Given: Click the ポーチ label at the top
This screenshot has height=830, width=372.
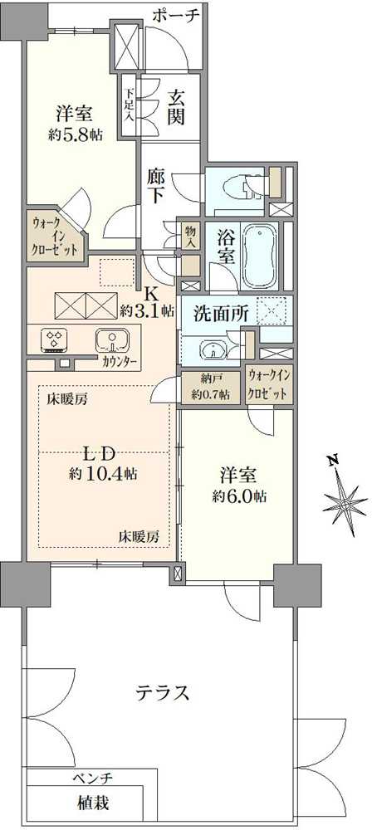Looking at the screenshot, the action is [177, 16].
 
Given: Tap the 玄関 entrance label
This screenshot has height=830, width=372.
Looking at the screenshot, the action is [177, 107].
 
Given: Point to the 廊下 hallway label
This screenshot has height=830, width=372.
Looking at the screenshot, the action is [157, 185].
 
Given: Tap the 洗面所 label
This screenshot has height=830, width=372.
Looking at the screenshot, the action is [221, 315].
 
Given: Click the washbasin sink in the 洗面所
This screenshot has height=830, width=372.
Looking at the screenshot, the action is [213, 349].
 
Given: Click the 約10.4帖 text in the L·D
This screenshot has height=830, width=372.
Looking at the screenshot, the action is [103, 474].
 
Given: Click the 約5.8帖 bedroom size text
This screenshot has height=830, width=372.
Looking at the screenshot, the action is [76, 134].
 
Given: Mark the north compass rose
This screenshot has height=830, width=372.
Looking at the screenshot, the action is [344, 495].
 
